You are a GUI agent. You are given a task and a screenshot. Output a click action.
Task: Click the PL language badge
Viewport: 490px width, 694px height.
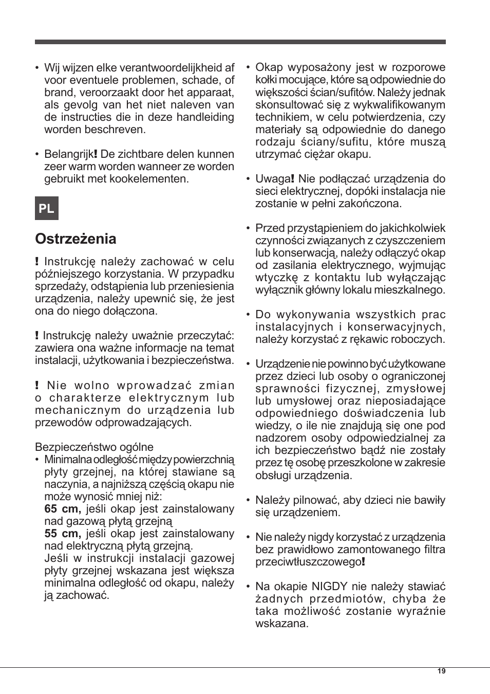point(47,208)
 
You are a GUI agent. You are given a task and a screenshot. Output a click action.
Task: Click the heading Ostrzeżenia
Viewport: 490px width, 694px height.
point(76,239)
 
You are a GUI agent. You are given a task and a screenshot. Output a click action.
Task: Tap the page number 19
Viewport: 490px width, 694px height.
point(442,671)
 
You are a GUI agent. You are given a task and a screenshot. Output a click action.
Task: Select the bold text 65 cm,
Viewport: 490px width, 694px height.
point(63,509)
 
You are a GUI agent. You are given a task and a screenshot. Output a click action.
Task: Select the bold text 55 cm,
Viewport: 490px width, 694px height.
point(63,534)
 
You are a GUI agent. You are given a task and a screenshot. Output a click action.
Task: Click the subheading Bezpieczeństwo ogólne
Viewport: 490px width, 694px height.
point(94,447)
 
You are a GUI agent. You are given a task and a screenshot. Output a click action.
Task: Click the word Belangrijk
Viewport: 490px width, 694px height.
point(68,154)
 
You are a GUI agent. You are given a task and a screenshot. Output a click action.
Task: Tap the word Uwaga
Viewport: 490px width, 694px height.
point(273,179)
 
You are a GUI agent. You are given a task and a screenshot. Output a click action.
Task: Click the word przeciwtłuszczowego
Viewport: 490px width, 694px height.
point(308,562)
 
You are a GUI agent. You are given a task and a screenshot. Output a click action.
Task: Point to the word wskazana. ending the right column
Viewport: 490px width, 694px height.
point(282,624)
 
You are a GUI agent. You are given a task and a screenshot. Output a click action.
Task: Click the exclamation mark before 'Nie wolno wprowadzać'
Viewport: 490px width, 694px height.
point(37,386)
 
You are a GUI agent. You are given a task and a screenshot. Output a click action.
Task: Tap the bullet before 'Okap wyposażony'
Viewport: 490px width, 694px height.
point(248,68)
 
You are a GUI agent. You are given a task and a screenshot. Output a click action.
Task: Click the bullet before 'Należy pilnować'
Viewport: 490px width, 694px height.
point(248,500)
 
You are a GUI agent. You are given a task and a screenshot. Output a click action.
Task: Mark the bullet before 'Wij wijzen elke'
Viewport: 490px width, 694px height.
point(37,68)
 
